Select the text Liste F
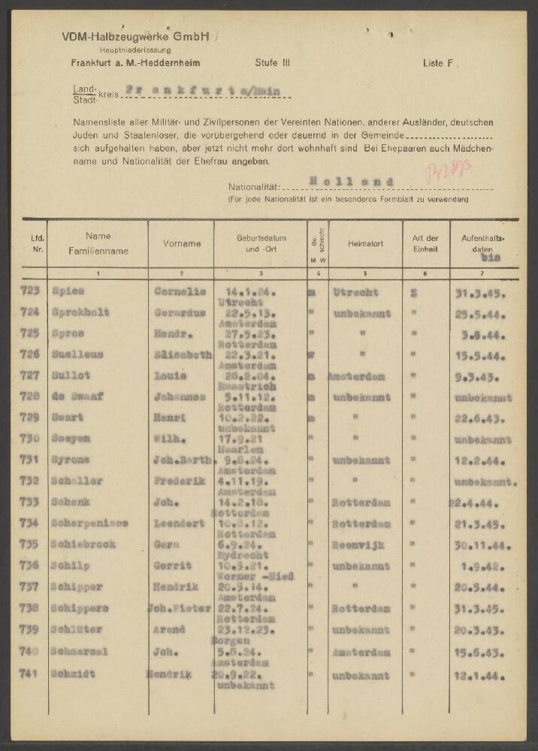coord(438,64)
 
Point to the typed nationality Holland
coord(350,182)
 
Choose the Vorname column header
coord(182,243)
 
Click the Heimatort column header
coord(365,243)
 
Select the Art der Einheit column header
coord(425,243)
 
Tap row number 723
coord(32,291)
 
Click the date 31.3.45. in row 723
coord(481,292)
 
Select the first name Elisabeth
coord(183,354)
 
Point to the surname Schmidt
coord(74,674)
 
